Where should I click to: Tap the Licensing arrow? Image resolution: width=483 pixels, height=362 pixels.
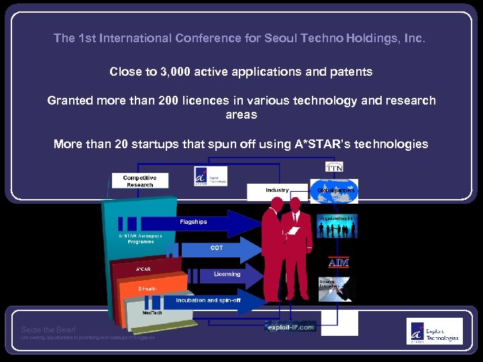[x=221, y=275]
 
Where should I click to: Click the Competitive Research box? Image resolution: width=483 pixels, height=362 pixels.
[x=140, y=181]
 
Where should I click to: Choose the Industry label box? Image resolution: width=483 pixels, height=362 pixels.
[x=277, y=191]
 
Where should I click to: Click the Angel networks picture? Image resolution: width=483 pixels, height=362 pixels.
[x=335, y=227]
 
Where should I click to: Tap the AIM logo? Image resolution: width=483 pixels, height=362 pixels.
[x=338, y=262]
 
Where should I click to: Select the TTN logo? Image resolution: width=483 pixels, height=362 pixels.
[x=334, y=166]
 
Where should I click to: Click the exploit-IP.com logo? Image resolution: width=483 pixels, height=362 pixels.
[x=289, y=327]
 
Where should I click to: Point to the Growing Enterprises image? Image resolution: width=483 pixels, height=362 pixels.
[x=335, y=289]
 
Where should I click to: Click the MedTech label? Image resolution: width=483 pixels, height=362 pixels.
[x=151, y=312]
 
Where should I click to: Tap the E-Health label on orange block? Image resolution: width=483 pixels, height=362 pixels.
[x=147, y=289]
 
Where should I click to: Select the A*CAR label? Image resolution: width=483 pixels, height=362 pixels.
[x=144, y=269]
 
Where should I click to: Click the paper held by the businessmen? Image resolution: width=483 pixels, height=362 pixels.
[x=292, y=231]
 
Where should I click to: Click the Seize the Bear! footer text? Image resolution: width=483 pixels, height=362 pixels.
[x=48, y=330]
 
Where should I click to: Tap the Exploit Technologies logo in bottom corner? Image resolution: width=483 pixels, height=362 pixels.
[x=433, y=331]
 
